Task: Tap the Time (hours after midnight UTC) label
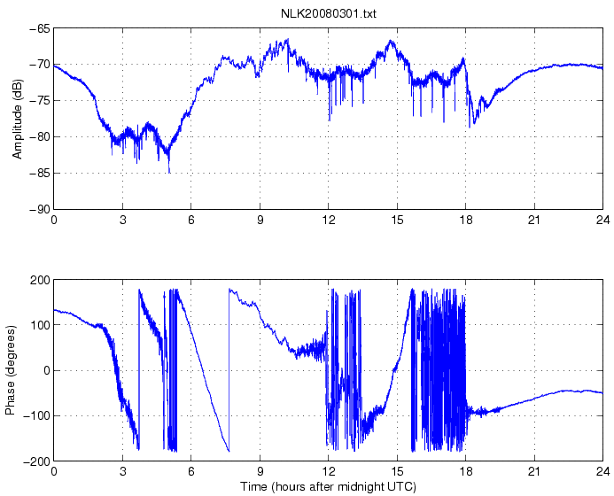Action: [x=329, y=486]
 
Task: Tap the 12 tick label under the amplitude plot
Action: [x=329, y=220]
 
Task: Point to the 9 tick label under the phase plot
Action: [x=260, y=472]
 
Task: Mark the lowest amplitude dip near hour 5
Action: [x=169, y=171]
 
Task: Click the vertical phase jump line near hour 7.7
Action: [x=229, y=372]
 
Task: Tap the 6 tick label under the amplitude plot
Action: [x=191, y=220]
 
